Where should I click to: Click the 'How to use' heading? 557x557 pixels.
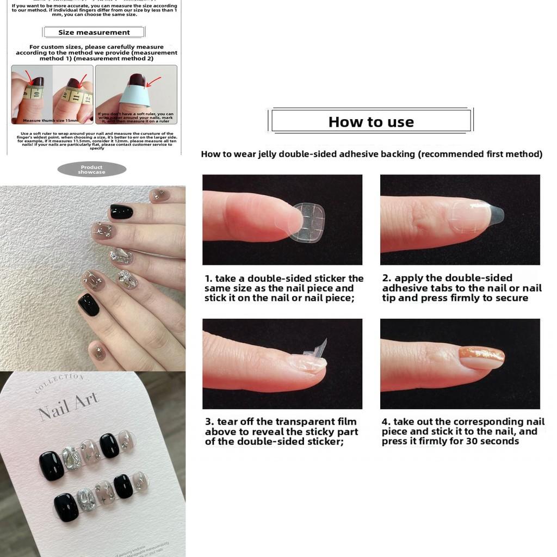[x=371, y=122]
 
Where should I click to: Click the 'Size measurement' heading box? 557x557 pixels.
[x=94, y=32]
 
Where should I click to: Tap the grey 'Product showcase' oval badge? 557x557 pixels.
[x=91, y=169]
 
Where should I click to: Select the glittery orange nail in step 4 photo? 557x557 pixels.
[x=481, y=357]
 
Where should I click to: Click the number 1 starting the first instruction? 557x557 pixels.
[x=208, y=278]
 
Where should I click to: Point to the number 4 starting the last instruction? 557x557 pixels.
[x=385, y=422]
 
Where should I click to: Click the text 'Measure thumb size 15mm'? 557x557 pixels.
[x=51, y=121]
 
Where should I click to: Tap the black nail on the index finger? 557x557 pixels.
[x=119, y=211]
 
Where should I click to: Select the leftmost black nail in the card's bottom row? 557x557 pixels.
[x=66, y=507]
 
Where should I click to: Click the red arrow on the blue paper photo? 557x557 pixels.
[x=153, y=83]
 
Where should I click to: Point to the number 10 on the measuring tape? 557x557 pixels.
[x=35, y=94]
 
